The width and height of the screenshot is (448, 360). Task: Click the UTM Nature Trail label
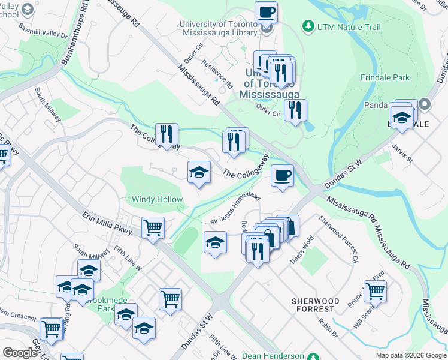click(x=344, y=26)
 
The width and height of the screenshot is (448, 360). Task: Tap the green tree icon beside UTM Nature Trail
click(x=308, y=26)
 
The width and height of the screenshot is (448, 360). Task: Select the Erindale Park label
click(x=385, y=77)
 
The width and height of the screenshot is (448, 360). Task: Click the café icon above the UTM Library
click(x=266, y=12)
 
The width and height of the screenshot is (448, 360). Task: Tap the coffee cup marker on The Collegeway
click(x=282, y=175)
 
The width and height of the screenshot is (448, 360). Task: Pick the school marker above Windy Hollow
click(x=199, y=173)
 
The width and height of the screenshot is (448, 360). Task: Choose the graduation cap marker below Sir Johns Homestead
click(x=215, y=242)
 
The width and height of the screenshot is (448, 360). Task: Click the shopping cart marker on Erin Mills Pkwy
click(x=153, y=227)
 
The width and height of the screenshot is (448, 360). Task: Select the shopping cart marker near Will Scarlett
click(x=375, y=290)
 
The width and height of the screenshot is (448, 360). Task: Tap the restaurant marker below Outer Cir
click(x=295, y=110)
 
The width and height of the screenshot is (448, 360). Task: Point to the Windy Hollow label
click(x=158, y=199)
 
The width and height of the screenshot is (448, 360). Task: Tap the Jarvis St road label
click(x=402, y=153)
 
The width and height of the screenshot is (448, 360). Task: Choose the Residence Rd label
click(x=216, y=73)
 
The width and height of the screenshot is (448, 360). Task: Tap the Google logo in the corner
click(x=20, y=353)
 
